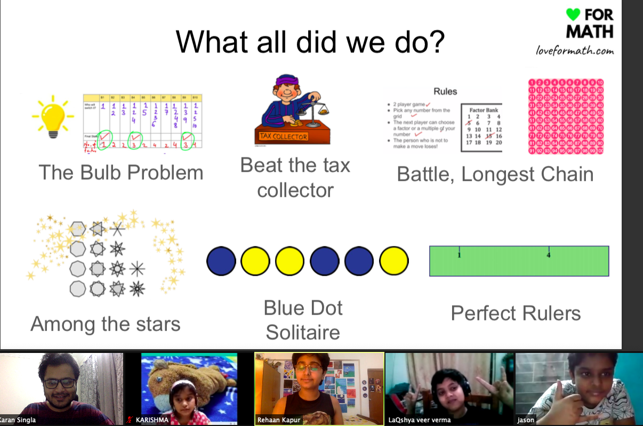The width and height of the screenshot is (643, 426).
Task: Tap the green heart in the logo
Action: tap(573, 14)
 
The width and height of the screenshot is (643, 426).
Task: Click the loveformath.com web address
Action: tap(575, 51)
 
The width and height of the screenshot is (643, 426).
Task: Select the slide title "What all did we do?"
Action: tap(310, 42)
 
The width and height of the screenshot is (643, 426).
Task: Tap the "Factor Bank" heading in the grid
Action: tap(484, 110)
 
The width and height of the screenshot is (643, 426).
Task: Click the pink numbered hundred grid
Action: tap(566, 117)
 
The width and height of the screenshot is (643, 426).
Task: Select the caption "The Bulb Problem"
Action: tap(121, 172)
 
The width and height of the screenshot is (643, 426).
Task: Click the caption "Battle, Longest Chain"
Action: tap(495, 174)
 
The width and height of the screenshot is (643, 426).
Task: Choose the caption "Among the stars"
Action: tap(106, 324)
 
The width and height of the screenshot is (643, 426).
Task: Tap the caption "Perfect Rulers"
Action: tap(516, 313)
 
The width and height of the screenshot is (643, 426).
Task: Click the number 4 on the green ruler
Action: tap(549, 255)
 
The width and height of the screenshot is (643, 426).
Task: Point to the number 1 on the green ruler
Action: tap(459, 255)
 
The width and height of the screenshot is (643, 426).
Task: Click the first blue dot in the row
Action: tap(221, 261)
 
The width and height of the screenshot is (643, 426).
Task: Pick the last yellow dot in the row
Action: tap(394, 261)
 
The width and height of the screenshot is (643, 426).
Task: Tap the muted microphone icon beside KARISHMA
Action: tap(130, 420)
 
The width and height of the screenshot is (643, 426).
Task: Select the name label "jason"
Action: tap(526, 420)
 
